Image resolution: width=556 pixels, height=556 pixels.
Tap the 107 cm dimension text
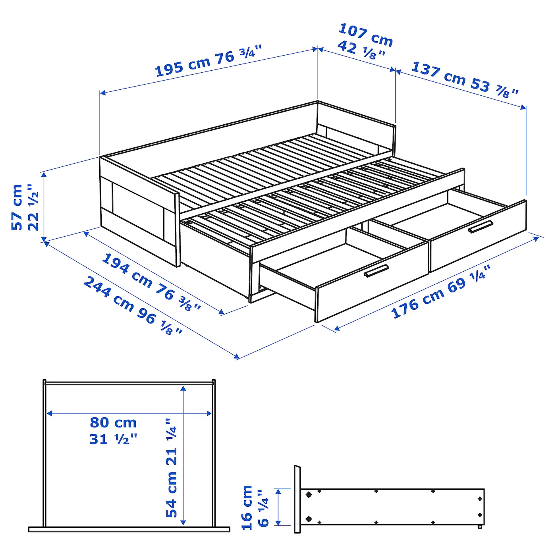tap(365, 35)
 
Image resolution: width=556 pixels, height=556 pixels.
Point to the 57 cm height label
tap(17, 207)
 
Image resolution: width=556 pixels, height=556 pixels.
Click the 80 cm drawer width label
tap(113, 423)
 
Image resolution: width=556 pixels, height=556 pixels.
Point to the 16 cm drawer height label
tap(247, 508)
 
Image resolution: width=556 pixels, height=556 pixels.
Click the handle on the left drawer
tap(376, 271)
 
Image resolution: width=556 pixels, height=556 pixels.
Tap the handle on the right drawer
tap(481, 227)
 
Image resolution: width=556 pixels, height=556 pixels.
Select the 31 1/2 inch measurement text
tap(113, 439)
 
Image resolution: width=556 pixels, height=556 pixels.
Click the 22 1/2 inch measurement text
tap(33, 207)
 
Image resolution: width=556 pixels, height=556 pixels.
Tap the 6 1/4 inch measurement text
tap(263, 508)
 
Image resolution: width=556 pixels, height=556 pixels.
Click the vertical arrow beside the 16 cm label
tap(278, 507)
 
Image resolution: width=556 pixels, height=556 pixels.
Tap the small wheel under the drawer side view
tap(480, 527)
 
